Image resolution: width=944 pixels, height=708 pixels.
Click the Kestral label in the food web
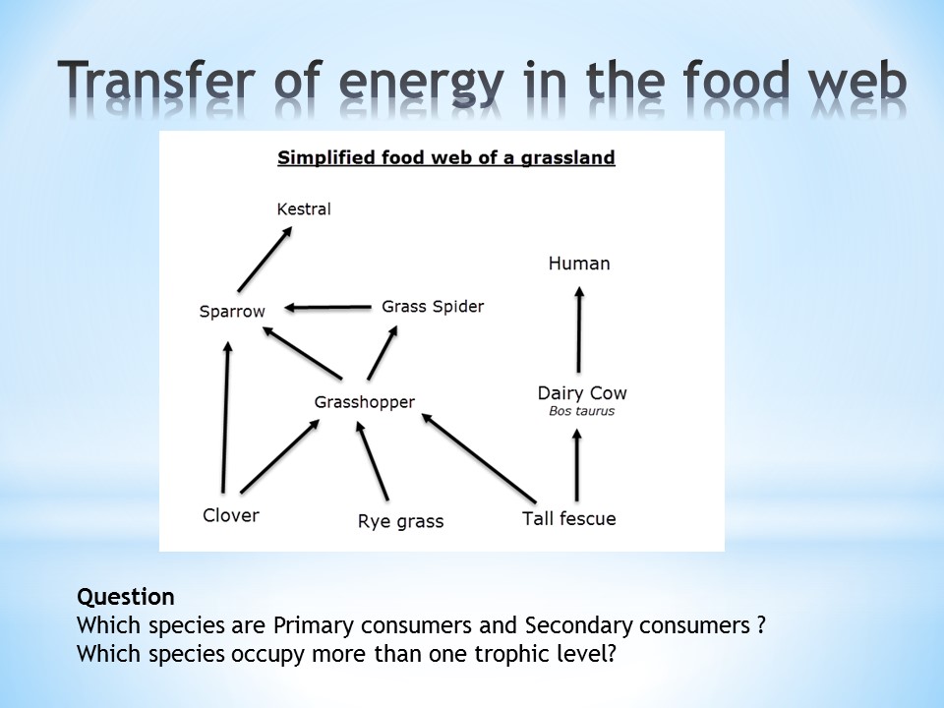point(304,208)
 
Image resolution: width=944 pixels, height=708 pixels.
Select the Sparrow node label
point(232,312)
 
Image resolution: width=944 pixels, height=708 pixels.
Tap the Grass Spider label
point(433,307)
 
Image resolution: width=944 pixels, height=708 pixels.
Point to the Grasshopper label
point(364,402)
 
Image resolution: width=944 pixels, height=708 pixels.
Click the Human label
point(579,264)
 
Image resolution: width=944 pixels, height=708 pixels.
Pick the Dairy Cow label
point(582,393)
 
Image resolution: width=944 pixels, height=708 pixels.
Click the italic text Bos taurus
point(581,411)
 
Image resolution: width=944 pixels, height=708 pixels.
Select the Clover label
point(230,515)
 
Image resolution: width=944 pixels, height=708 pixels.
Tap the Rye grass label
point(400,521)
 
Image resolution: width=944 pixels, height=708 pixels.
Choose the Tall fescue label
point(569,518)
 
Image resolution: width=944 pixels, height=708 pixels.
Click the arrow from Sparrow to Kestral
point(265,259)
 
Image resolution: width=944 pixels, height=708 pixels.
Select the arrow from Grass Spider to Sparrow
point(327,308)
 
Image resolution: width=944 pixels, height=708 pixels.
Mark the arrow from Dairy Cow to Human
point(579,329)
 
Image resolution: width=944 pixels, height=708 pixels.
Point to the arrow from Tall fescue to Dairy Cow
point(577,465)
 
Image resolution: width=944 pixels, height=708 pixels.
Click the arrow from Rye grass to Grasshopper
point(372,460)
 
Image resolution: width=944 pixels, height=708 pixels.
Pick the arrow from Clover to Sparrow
point(225,417)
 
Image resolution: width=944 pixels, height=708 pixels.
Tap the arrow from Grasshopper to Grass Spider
point(383,353)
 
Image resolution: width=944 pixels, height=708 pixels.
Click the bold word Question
point(126,597)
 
